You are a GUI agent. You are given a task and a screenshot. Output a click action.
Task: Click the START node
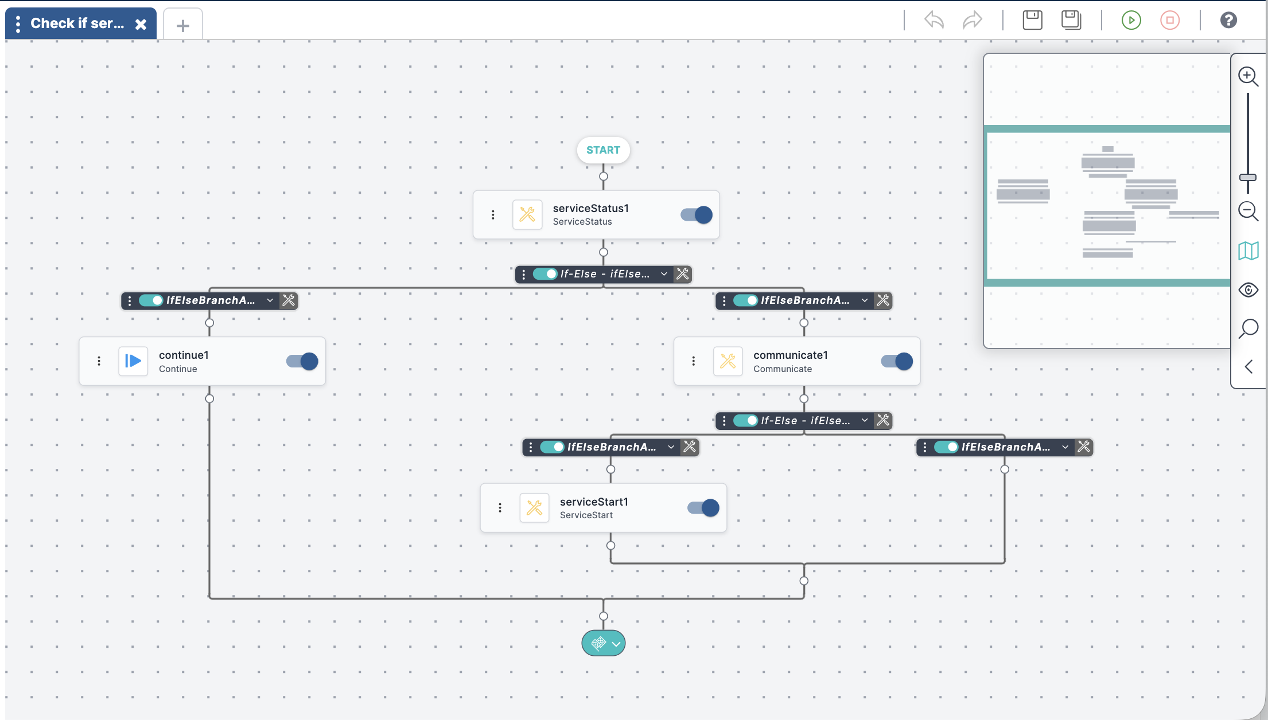tap(603, 150)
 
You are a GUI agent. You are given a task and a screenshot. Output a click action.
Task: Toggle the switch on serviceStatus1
tap(697, 215)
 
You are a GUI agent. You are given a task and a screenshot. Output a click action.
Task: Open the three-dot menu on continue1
tap(99, 361)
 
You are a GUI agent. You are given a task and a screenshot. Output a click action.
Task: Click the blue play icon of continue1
tap(133, 361)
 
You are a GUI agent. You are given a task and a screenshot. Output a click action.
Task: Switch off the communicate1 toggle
tap(897, 361)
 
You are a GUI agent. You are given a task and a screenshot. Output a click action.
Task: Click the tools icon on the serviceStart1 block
tap(534, 508)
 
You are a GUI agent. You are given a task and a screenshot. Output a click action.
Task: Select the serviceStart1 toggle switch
tap(703, 508)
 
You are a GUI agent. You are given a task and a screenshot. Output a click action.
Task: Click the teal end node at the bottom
tap(603, 643)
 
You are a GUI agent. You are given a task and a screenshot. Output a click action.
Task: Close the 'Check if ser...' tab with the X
tap(141, 24)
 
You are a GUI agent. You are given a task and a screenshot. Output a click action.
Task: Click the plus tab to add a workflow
tap(182, 26)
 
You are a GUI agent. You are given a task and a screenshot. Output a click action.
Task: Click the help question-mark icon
tap(1228, 21)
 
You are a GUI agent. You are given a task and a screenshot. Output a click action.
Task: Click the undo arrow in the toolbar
tap(934, 21)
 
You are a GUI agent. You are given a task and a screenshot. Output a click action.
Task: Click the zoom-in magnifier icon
tap(1248, 76)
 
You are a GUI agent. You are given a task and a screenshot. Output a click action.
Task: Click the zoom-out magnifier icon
tap(1248, 211)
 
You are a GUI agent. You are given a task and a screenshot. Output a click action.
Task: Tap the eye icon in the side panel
tap(1248, 290)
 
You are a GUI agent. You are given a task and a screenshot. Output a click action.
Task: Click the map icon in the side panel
tap(1248, 251)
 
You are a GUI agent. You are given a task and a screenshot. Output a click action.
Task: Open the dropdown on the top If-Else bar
tap(664, 274)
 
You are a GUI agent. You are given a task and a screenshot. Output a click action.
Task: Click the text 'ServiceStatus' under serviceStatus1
tap(582, 222)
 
